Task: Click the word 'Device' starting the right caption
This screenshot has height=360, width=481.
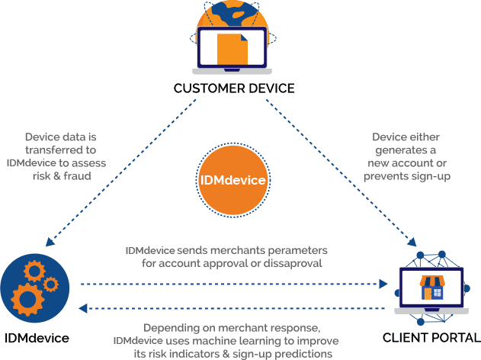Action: pos(390,137)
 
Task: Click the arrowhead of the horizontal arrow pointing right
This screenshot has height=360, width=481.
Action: pos(384,283)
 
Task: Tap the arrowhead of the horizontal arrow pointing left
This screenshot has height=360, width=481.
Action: pos(85,309)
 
